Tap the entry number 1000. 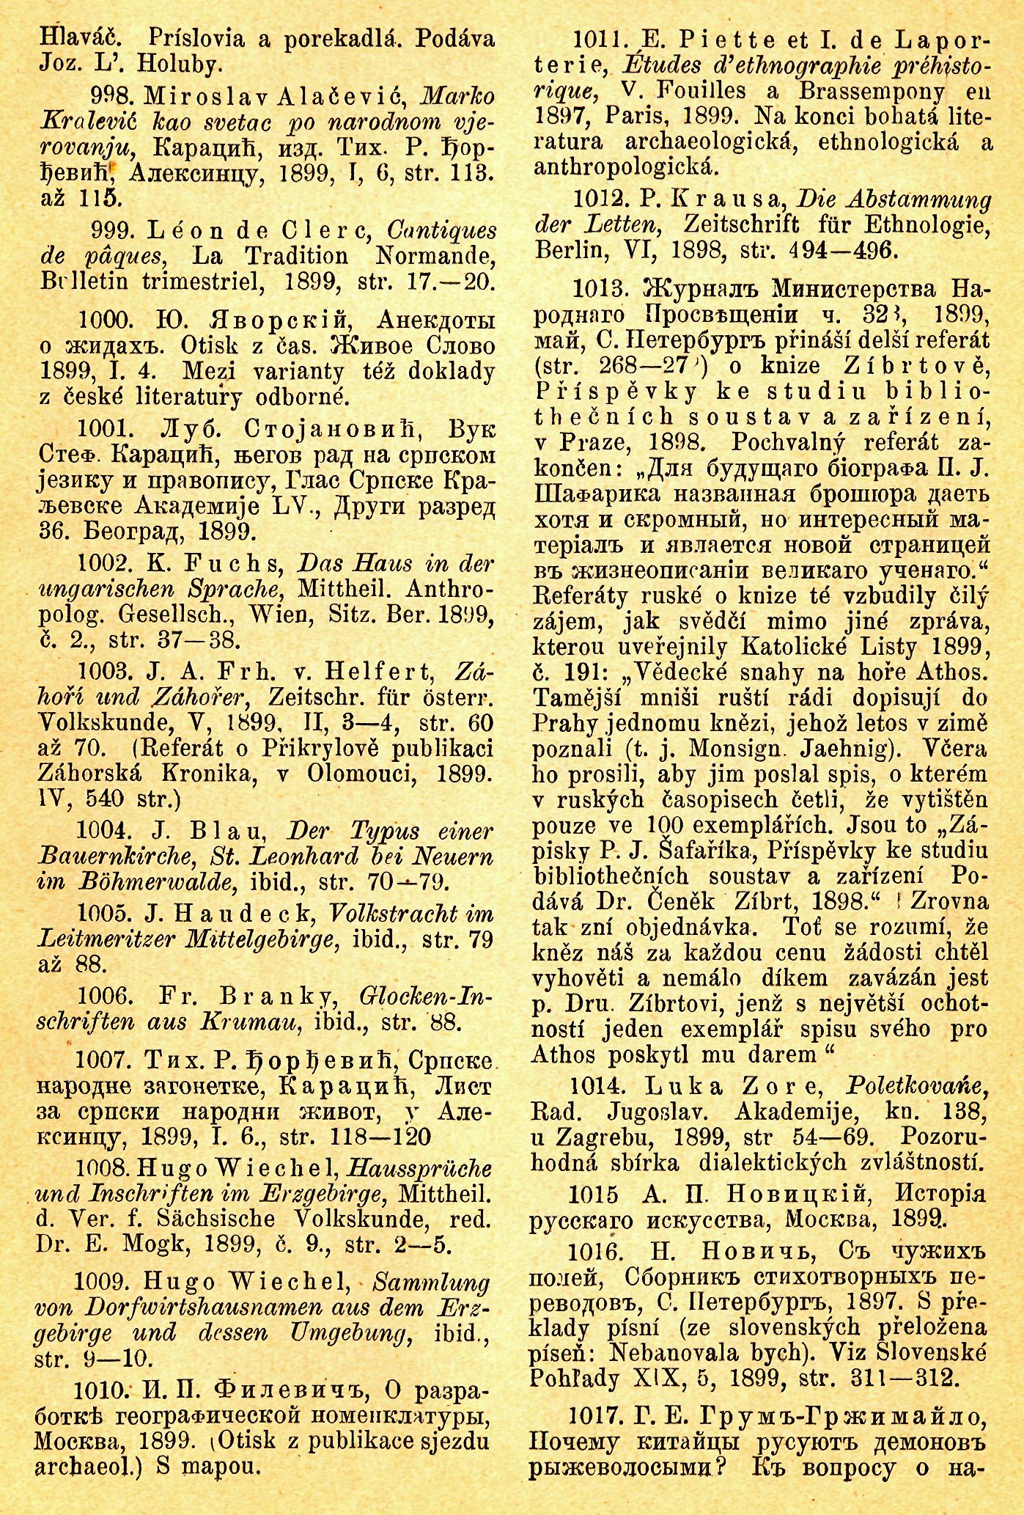[104, 320]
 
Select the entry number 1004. [103, 832]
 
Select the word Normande [435, 256]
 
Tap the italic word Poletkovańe [917, 1086]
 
